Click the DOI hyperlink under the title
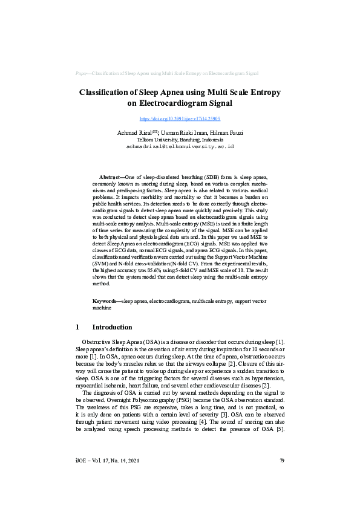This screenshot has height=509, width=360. (180, 119)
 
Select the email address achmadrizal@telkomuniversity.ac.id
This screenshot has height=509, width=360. (180, 146)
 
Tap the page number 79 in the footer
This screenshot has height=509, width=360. (281, 461)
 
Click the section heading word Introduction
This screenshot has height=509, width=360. (112, 327)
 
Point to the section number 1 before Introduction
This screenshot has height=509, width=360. (77, 327)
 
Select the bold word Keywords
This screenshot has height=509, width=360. (106, 300)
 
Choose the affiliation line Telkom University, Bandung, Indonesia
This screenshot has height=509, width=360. (180, 140)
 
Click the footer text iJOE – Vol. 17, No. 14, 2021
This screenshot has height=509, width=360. (107, 461)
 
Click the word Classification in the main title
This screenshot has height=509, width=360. (110, 92)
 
